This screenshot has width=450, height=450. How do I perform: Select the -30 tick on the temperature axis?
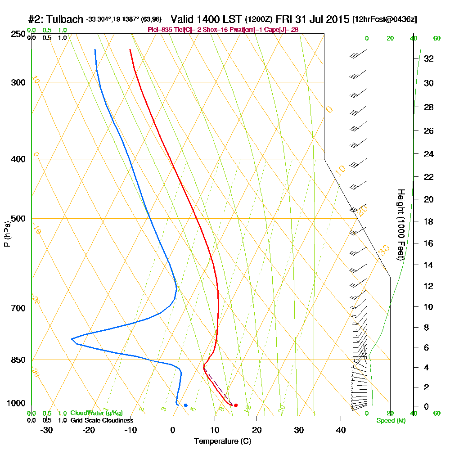[x=47, y=430]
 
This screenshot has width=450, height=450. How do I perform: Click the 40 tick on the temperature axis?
[x=341, y=430]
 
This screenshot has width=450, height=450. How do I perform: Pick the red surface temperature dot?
[x=236, y=405]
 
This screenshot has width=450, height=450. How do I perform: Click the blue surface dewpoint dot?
[x=185, y=405]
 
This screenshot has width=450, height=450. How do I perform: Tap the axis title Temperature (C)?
[x=222, y=441]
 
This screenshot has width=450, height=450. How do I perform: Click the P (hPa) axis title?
[x=7, y=234]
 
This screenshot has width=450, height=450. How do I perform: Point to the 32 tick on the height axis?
[x=429, y=58]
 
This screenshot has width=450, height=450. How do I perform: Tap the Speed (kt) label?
[x=391, y=420]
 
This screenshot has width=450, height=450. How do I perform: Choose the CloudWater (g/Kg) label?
[x=96, y=413]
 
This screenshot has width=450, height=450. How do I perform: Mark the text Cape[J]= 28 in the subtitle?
[x=283, y=30]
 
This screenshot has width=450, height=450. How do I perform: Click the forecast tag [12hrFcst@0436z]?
[x=385, y=20]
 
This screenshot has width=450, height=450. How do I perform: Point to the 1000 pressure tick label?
[x=17, y=403]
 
